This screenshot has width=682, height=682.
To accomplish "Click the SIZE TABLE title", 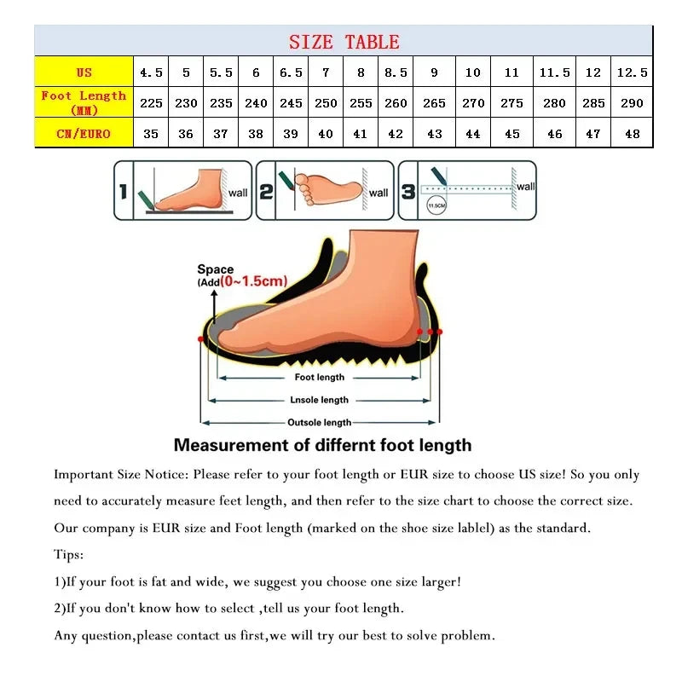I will pos(344,42).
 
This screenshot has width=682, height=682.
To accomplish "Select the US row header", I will pos(84,72).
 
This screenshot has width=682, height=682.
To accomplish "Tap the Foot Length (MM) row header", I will pos(84,102).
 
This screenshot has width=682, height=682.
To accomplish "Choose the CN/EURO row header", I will pos(84,134).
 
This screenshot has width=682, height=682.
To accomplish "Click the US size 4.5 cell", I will pos(151,72).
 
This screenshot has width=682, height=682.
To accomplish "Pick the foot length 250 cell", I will pos(326,103).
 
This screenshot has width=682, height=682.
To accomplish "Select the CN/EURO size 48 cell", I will pos(632,134).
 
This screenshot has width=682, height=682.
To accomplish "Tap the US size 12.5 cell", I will pos(632,72).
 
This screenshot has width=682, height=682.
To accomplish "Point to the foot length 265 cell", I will pos(434,103).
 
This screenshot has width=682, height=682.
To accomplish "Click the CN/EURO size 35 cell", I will pos(151,134).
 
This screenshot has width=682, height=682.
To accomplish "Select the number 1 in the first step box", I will pos(123,192).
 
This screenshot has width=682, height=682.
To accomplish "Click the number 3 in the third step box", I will pos(408,192).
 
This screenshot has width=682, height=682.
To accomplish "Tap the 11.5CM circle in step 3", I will pos(436,205).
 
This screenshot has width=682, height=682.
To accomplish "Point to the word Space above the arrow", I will pos(215,269).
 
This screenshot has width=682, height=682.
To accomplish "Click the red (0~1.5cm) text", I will pos(254,281).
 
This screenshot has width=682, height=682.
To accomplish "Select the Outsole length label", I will pos(319,422).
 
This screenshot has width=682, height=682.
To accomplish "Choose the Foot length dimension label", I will pos(320,377).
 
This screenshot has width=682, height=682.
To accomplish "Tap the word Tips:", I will pos(69,555).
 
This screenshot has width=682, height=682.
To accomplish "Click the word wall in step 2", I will pos(379,193).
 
